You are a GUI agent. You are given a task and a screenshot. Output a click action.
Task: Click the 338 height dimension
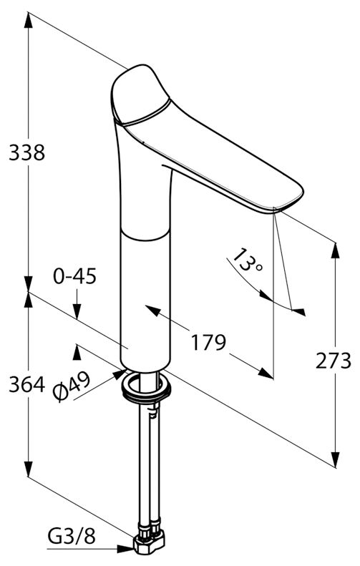[x=27, y=152]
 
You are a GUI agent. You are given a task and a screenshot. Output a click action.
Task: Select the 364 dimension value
[x=27, y=384]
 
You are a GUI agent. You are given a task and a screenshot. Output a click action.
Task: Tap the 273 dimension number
[x=333, y=361]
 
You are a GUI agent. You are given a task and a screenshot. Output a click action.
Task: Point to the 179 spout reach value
[x=208, y=342]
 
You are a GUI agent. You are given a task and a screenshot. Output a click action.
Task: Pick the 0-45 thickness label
[x=74, y=276]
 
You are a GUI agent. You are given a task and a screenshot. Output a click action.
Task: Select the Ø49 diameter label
[x=71, y=387]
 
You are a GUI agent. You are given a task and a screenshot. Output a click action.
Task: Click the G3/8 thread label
[x=72, y=537]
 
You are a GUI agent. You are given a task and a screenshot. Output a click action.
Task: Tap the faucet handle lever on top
[x=140, y=94]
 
